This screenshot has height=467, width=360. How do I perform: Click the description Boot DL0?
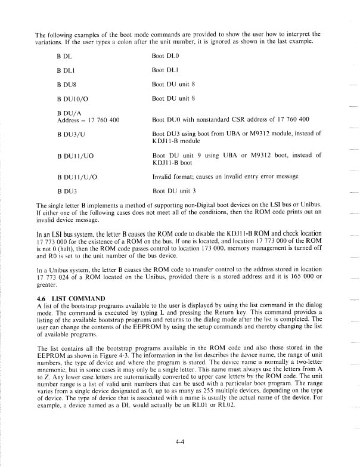[x=166, y=55]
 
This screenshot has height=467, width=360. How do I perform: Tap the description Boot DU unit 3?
[x=175, y=191]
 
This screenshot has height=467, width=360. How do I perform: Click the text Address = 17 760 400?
[x=88, y=120]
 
